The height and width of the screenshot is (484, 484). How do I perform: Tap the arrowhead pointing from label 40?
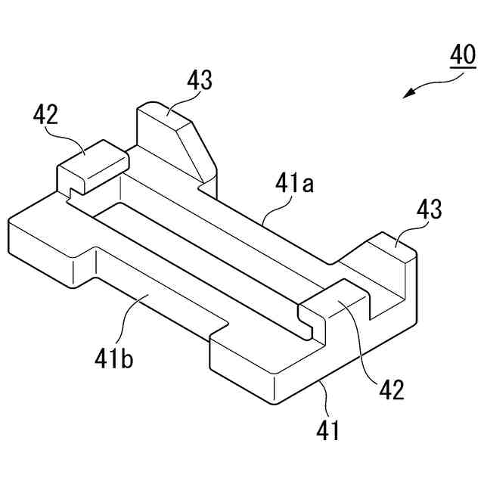[409, 93]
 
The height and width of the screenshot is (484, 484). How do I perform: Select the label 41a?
[294, 185]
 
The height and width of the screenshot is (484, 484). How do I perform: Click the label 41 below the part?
[327, 431]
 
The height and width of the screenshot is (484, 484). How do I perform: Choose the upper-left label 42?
[46, 115]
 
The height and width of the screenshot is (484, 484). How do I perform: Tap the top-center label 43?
[199, 80]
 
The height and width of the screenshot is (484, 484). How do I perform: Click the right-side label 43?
[427, 209]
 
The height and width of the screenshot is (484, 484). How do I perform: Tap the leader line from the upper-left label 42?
[72, 136]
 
